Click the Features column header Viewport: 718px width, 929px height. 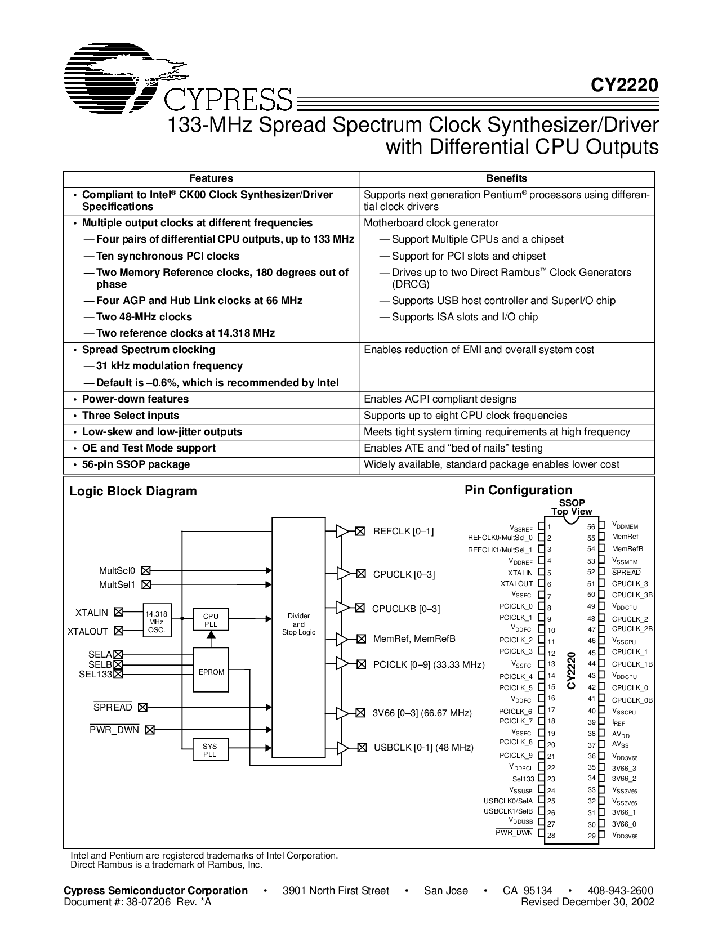[x=211, y=178]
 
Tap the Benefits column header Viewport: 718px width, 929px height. [x=506, y=178]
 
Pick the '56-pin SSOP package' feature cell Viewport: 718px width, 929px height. [x=136, y=464]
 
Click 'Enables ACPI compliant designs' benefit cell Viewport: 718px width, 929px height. [x=440, y=399]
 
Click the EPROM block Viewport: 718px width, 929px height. [x=211, y=672]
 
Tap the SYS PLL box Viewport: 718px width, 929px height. [x=209, y=750]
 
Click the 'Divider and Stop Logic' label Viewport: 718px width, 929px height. [x=298, y=624]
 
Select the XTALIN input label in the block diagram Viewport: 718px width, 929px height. [x=91, y=613]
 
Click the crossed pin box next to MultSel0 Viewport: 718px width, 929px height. [x=146, y=570]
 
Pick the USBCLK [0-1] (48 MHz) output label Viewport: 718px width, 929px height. [x=423, y=748]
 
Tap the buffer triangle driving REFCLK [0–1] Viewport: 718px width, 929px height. [x=342, y=531]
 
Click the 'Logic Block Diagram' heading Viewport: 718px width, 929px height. [x=133, y=492]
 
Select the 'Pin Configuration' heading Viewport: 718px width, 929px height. [x=518, y=490]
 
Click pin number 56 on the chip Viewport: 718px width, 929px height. [x=591, y=527]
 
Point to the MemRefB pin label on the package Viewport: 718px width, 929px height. [x=627, y=549]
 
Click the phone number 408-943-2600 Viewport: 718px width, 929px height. [x=620, y=891]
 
